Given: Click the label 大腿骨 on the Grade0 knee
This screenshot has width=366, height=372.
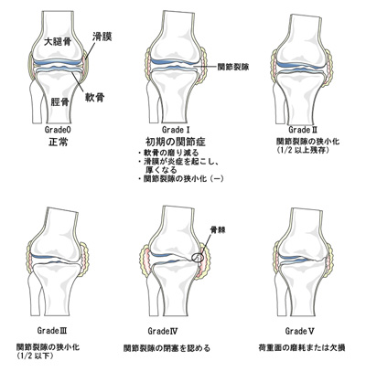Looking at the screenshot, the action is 57,42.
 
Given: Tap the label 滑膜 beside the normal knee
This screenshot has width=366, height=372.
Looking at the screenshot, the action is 102,37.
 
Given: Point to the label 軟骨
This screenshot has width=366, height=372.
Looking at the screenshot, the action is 95,98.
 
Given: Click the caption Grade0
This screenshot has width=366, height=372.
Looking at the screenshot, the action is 58,130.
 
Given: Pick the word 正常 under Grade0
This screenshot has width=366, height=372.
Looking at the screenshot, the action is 58,142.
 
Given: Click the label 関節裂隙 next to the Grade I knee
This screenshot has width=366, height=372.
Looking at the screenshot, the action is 233,67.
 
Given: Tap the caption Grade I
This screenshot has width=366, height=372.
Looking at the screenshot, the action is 176,130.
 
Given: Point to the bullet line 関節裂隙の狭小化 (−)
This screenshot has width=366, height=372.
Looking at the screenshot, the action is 180,179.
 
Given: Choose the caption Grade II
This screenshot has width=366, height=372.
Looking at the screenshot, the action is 303,130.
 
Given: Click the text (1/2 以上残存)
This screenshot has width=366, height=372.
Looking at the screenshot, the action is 302,150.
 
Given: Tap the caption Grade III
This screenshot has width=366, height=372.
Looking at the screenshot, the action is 52,330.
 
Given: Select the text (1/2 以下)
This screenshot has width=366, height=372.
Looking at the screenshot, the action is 35,356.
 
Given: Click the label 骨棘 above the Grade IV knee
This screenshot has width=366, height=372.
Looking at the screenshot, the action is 216,229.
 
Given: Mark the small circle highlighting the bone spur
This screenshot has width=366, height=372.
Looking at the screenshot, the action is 197,258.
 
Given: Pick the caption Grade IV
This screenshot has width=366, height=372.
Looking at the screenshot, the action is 163,331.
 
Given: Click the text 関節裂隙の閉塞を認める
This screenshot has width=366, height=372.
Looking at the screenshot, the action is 167,348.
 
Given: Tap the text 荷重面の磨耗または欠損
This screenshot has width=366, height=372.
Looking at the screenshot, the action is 301,347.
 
